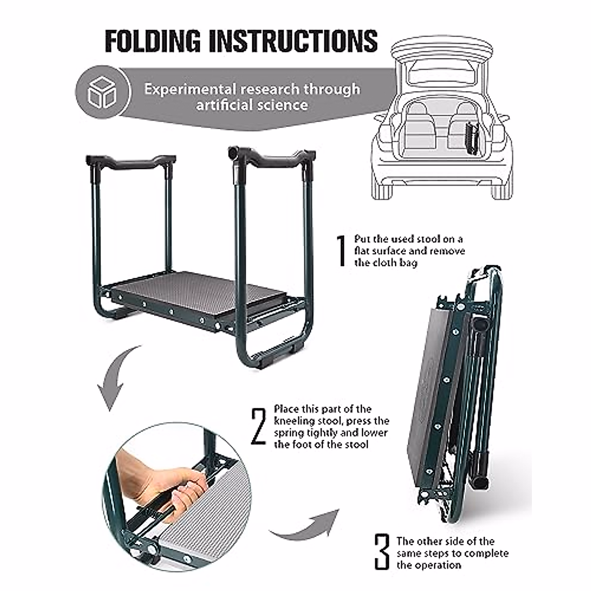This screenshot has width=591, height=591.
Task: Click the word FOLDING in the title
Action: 153,41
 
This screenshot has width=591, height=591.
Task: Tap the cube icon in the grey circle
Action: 102,92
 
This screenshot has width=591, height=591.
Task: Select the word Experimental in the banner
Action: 190,89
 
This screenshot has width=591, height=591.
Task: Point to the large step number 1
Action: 341,251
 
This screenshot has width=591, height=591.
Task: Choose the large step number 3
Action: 381,552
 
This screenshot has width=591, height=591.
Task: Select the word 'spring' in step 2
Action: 290,433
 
